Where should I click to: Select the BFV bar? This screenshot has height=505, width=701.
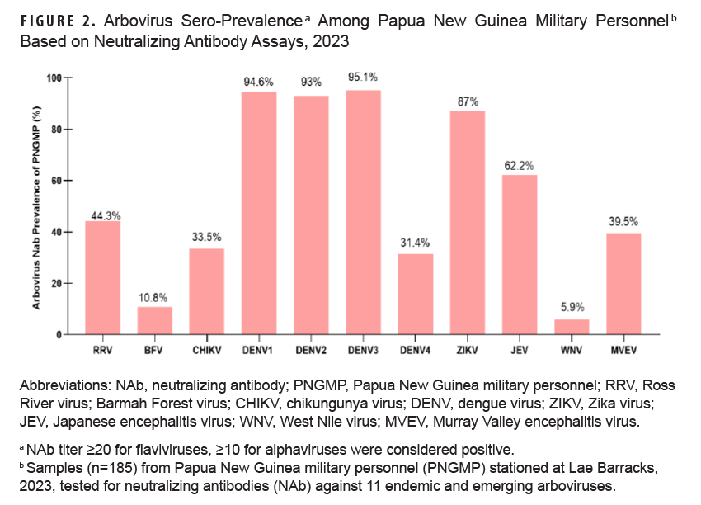pyautogui.click(x=154, y=321)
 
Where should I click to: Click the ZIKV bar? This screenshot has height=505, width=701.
pyautogui.click(x=467, y=223)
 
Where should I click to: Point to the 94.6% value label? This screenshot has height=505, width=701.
pyautogui.click(x=258, y=83)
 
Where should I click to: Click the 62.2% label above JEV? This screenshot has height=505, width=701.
pyautogui.click(x=519, y=166)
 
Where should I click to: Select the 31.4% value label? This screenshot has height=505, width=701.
pyautogui.click(x=415, y=245)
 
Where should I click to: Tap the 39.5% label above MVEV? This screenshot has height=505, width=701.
pyautogui.click(x=623, y=222)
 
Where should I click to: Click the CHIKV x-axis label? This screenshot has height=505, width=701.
pyautogui.click(x=206, y=349)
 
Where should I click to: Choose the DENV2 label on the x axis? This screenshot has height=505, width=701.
pyautogui.click(x=310, y=349)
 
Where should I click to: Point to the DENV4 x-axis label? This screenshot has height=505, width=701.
pyautogui.click(x=415, y=349)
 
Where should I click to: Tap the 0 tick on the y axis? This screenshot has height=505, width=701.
pyautogui.click(x=59, y=335)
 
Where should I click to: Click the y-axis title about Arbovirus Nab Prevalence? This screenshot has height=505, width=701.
pyautogui.click(x=37, y=206)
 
